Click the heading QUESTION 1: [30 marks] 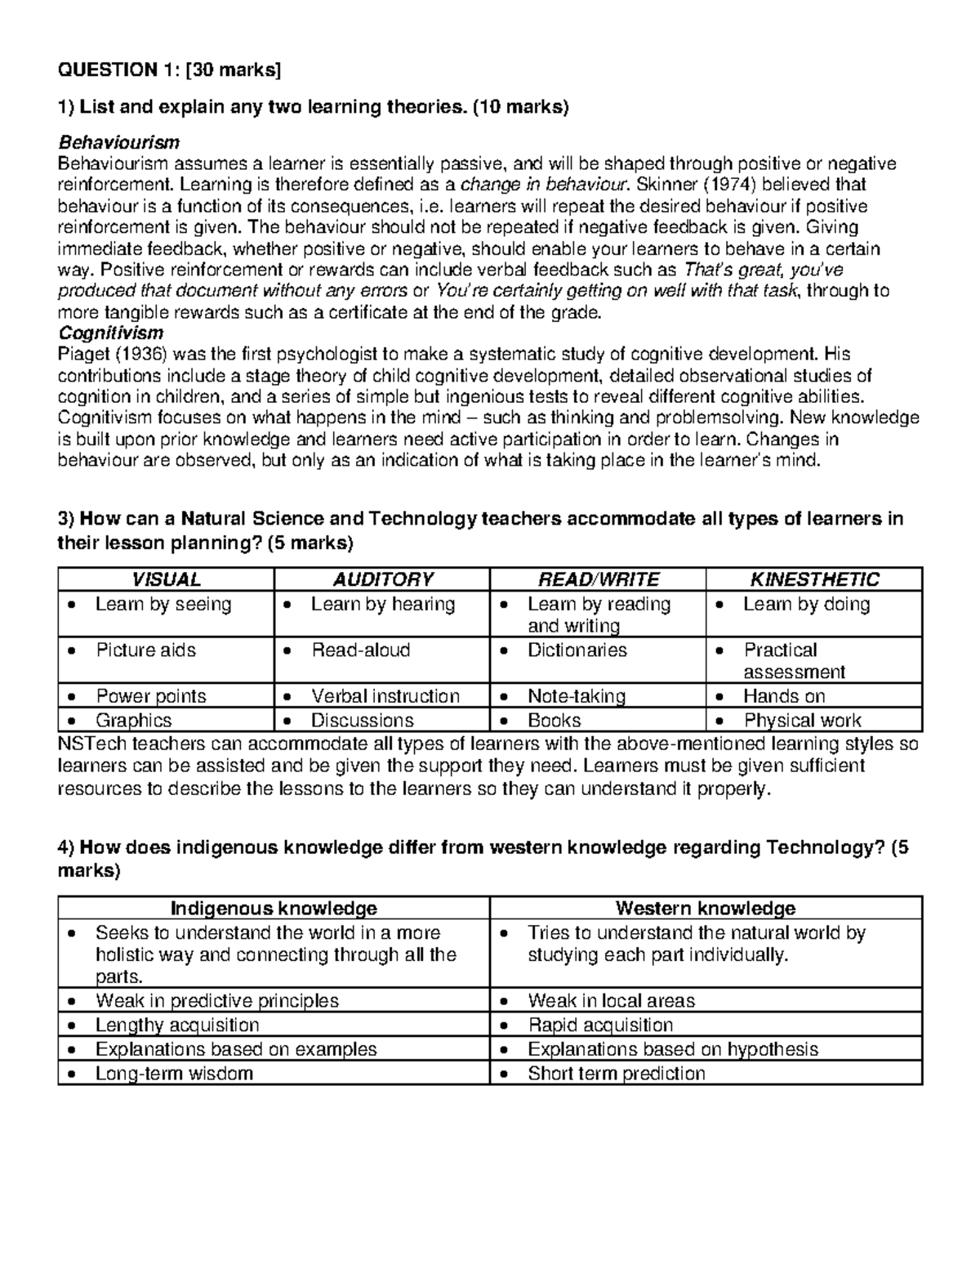pyautogui.click(x=168, y=70)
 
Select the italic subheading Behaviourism pyautogui.click(x=118, y=143)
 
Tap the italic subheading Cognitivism pyautogui.click(x=110, y=333)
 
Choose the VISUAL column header pyautogui.click(x=166, y=579)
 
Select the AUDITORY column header pyautogui.click(x=382, y=579)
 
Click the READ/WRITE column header pyautogui.click(x=598, y=579)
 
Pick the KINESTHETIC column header pyautogui.click(x=814, y=579)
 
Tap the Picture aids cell pyautogui.click(x=145, y=650)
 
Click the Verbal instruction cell pyautogui.click(x=385, y=696)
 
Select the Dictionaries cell pyautogui.click(x=577, y=650)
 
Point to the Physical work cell pyautogui.click(x=802, y=721)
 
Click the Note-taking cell pyautogui.click(x=576, y=696)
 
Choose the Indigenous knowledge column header pyautogui.click(x=274, y=908)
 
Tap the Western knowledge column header pyautogui.click(x=706, y=908)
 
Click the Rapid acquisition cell pyautogui.click(x=600, y=1025)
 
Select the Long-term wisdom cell pyautogui.click(x=174, y=1073)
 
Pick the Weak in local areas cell pyautogui.click(x=611, y=1001)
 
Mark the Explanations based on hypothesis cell pyautogui.click(x=672, y=1049)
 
